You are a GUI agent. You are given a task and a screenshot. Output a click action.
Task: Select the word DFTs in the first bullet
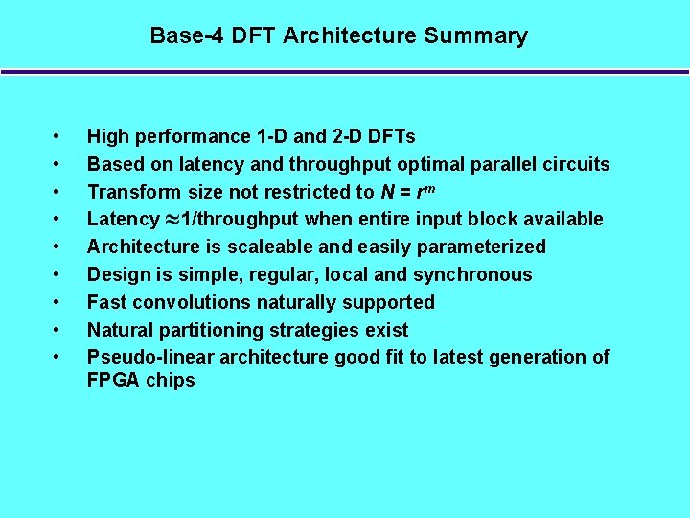[x=393, y=136]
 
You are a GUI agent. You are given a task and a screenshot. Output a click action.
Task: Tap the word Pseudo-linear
[x=150, y=357]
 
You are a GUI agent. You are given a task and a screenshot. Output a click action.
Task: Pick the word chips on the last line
[x=172, y=380]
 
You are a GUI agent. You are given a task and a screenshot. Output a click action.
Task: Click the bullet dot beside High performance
[x=57, y=136]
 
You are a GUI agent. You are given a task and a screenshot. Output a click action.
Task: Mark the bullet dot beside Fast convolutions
[x=57, y=302]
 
